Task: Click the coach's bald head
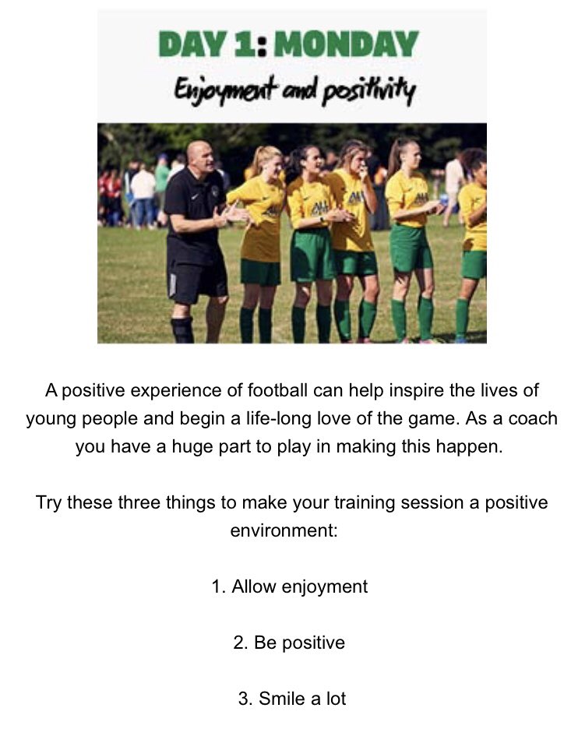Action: (199, 154)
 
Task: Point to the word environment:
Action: (282, 531)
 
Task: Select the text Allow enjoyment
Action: (299, 586)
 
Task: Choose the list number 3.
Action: (243, 699)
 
